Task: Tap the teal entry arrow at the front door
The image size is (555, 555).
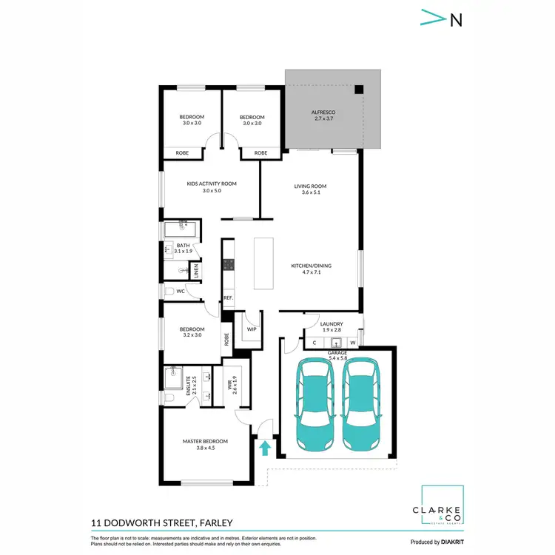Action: [x=263, y=447]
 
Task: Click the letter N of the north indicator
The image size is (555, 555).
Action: [x=456, y=20]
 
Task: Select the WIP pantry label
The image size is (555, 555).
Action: [x=251, y=329]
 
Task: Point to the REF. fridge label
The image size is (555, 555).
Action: [x=228, y=298]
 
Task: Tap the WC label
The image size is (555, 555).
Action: [x=180, y=292]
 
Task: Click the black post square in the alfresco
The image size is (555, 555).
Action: [x=358, y=90]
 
